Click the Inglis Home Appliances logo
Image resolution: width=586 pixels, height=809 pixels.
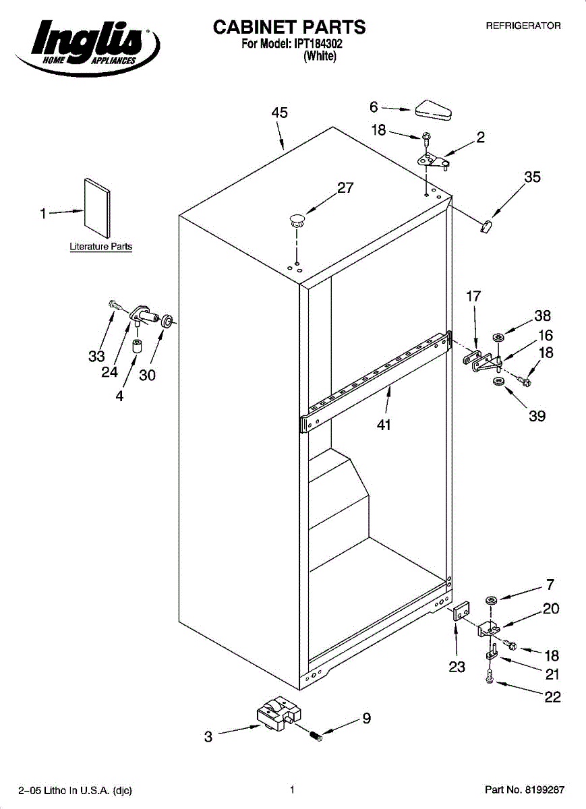[x=88, y=46]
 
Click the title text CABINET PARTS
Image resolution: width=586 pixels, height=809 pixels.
[x=289, y=27]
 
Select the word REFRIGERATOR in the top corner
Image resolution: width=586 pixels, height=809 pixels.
[x=524, y=26]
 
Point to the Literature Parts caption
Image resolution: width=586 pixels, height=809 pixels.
[x=101, y=247]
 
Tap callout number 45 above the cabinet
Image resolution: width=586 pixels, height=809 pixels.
[x=280, y=113]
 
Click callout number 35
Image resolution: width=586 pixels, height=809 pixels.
[x=533, y=177]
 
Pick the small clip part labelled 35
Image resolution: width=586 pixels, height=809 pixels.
[x=488, y=225]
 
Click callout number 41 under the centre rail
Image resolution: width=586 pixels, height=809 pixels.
[x=384, y=425]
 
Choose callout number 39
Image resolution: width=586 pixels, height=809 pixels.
[x=537, y=416]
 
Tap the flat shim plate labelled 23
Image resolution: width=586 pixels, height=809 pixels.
[x=461, y=612]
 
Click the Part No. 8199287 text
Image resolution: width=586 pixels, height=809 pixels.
[x=525, y=789]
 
